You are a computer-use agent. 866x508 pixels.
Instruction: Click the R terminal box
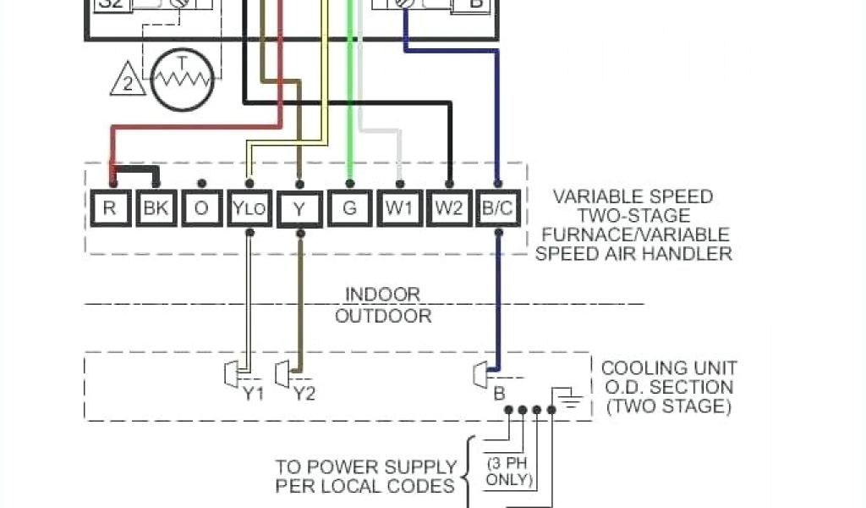110,207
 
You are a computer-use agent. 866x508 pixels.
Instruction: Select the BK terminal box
156,207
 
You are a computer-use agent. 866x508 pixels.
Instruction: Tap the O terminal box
201,207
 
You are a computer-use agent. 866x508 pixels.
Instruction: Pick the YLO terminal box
249,207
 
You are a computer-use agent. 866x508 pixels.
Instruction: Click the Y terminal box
299,207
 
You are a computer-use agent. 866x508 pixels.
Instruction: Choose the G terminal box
349,207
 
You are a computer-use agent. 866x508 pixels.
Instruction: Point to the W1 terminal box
399,207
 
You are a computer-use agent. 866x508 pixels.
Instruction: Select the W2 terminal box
448,207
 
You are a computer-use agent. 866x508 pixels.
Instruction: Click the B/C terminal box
497,207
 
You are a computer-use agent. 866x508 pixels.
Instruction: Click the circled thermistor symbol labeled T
180,79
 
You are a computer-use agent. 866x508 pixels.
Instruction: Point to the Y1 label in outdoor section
254,394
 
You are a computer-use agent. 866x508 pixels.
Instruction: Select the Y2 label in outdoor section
304,394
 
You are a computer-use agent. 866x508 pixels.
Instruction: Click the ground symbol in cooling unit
566,397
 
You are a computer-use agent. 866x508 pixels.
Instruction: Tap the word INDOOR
382,295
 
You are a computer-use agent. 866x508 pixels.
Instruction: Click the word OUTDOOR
383,317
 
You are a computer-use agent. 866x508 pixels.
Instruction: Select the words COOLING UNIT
668,368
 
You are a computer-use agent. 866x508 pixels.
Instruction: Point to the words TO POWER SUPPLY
366,467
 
